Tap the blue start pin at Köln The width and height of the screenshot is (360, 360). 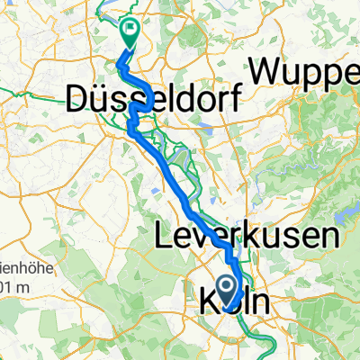[x=224, y=290]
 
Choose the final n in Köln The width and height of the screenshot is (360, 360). [x=259, y=303]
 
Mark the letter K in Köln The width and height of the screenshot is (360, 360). [x=205, y=301]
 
